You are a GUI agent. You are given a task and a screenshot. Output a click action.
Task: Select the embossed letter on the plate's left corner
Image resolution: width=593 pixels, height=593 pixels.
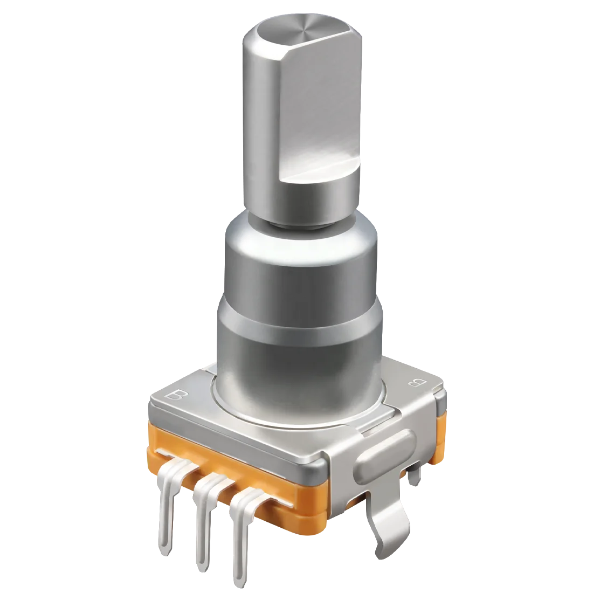pos(176,396)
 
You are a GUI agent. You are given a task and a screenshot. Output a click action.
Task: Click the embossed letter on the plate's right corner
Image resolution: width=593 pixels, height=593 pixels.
pos(416,383)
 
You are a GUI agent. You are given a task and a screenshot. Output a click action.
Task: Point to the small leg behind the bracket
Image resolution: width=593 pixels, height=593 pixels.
pos(412,474)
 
